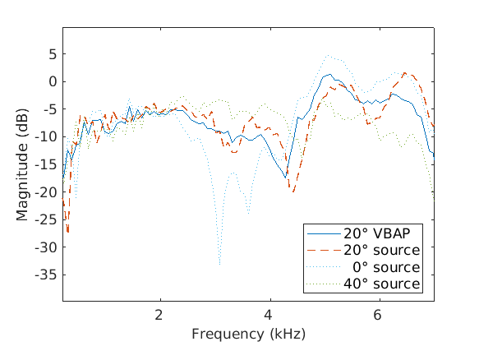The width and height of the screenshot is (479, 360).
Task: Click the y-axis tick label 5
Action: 53,54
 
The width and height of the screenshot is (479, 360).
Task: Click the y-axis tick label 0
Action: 53,81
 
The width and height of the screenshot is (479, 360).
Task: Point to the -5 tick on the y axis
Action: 50,109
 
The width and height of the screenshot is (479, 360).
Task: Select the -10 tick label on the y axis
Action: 47,136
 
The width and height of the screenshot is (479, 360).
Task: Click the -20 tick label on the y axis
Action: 47,192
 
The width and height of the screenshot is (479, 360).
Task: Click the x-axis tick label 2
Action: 159,314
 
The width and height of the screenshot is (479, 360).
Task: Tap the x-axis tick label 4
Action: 269,314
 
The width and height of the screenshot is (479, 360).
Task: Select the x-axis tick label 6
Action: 378,314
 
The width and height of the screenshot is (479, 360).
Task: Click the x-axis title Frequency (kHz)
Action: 248,335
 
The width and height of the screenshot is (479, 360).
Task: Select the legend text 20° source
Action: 383,250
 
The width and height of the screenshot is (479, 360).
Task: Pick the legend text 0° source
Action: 387,267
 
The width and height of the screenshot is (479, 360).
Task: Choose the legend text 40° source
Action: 383,284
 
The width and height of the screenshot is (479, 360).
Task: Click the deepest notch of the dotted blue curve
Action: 219,265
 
